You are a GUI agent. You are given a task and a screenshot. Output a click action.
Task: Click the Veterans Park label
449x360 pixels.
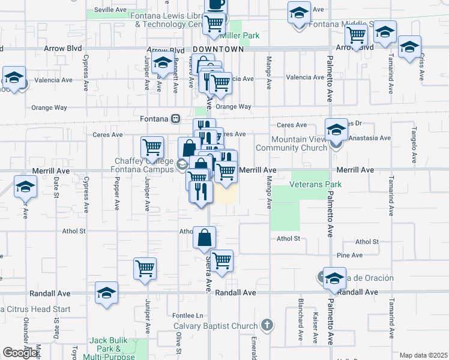pyautogui.click(x=316, y=184)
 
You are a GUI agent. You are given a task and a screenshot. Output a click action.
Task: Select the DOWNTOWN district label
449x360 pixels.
pyautogui.click(x=218, y=50)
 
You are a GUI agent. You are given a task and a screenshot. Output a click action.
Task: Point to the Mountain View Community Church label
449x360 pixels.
pyautogui.click(x=291, y=143)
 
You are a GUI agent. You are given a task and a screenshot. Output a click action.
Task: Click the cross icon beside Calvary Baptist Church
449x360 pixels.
pyautogui.click(x=267, y=326)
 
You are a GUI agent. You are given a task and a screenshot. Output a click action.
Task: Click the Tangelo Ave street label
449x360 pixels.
pyautogui.click(x=414, y=145)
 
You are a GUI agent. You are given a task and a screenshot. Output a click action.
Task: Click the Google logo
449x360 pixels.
pyautogui.click(x=20, y=353)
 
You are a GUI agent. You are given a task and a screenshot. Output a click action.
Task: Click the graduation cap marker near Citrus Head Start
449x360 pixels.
pyautogui.click(x=106, y=293)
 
